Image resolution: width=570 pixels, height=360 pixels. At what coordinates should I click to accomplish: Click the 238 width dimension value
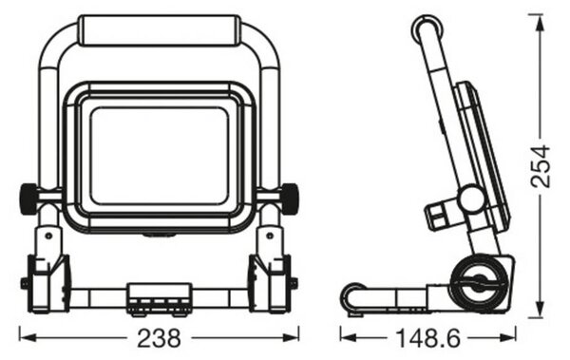point(159,338)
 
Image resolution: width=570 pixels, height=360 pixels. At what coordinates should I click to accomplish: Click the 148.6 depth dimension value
point(427,338)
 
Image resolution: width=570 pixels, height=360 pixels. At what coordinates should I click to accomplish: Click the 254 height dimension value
point(541,166)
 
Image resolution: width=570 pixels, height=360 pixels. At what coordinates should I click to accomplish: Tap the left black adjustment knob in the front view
point(28,199)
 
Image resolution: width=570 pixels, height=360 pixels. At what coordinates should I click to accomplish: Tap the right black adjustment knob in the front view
point(290,199)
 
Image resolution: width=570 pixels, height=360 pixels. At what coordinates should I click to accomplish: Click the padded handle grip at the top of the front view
point(160,30)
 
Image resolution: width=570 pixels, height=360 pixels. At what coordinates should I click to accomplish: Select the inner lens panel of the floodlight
point(160,156)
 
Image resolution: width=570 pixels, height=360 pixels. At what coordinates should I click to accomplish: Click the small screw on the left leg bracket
point(48,236)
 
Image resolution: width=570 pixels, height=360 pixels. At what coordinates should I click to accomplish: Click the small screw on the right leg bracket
point(270,236)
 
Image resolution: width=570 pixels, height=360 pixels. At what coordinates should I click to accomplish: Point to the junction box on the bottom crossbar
point(159,298)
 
